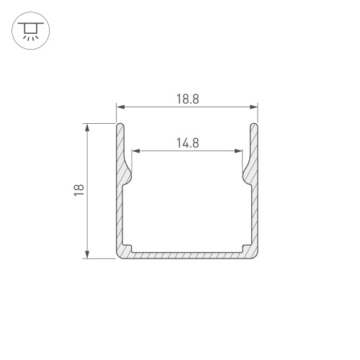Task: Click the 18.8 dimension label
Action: (188, 99)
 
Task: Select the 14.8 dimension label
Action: (188, 143)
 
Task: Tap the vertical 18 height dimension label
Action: (78, 190)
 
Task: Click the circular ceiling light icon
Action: (31, 31)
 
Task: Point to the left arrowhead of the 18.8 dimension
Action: (120, 107)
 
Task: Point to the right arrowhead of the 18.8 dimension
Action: (253, 107)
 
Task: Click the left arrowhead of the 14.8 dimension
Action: (136, 151)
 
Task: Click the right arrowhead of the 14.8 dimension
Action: (238, 151)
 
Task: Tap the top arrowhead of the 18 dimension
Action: (87, 127)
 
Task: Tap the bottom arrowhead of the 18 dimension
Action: (87, 254)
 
